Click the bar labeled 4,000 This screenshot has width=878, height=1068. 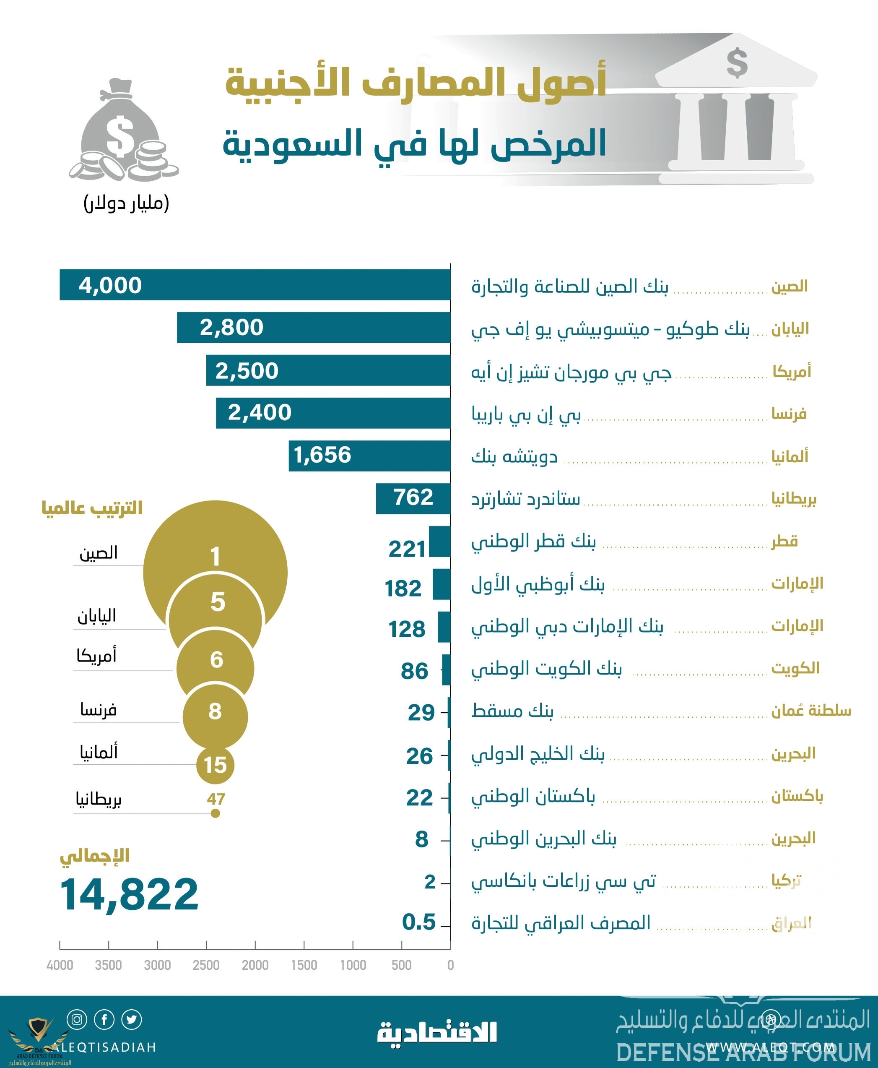pyautogui.click(x=255, y=284)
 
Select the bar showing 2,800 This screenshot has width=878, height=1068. pyautogui.click(x=314, y=327)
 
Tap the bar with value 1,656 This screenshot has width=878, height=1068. pyautogui.click(x=369, y=455)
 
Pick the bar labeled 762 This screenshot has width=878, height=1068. pyautogui.click(x=413, y=498)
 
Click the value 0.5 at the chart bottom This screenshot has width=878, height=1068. pyautogui.click(x=418, y=922)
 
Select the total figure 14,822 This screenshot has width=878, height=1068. pyautogui.click(x=130, y=894)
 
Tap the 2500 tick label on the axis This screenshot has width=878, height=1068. pyautogui.click(x=206, y=965)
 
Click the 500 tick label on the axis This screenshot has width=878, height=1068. pyautogui.click(x=401, y=965)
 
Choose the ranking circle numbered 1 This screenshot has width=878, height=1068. pyautogui.click(x=215, y=555)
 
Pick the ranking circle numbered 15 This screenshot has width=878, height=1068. pyautogui.click(x=215, y=764)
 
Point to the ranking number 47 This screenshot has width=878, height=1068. pyautogui.click(x=216, y=799)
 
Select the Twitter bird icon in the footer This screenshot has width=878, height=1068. pyautogui.click(x=132, y=1019)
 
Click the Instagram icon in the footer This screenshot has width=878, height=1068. pyautogui.click(x=77, y=1019)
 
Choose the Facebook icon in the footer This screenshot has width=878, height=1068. pyautogui.click(x=104, y=1019)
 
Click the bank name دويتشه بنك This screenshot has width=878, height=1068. pyautogui.click(x=514, y=456)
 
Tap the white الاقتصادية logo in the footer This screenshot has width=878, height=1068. pyautogui.click(x=437, y=1032)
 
